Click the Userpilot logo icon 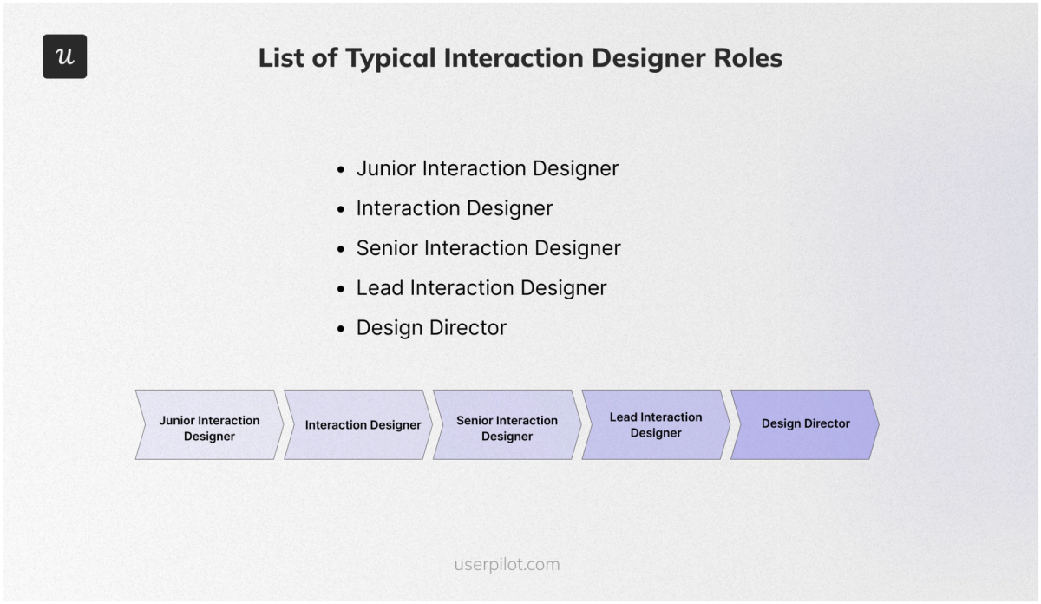pyautogui.click(x=65, y=56)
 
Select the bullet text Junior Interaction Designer pyautogui.click(x=488, y=168)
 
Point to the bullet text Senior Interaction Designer pyautogui.click(x=488, y=248)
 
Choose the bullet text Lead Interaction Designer pyautogui.click(x=481, y=288)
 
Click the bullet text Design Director pyautogui.click(x=431, y=328)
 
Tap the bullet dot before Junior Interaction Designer pyautogui.click(x=341, y=170)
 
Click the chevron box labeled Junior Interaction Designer pyautogui.click(x=209, y=424)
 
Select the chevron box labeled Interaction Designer pyautogui.click(x=360, y=424)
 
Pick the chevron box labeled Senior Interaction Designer pyautogui.click(x=507, y=424)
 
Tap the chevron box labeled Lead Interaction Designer pyautogui.click(x=656, y=424)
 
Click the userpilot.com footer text pyautogui.click(x=507, y=565)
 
